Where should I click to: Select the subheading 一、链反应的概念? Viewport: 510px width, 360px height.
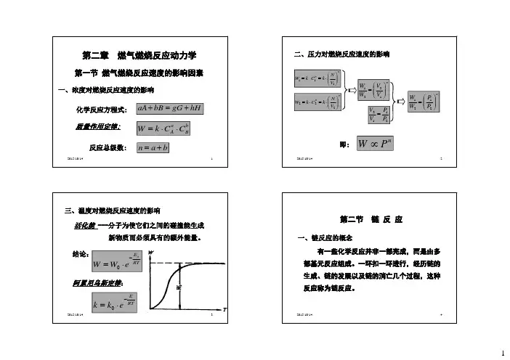click(324, 237)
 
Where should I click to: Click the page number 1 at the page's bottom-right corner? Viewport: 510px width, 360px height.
click(502, 353)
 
